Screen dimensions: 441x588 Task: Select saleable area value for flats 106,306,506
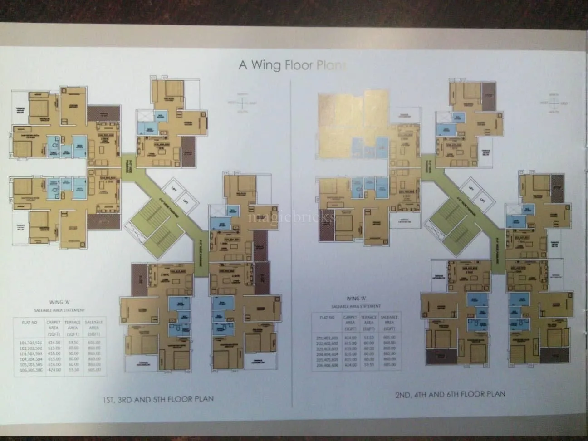pos(94,370)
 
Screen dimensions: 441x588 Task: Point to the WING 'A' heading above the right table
pos(356,299)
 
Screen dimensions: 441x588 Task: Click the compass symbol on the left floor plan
pos(243,103)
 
